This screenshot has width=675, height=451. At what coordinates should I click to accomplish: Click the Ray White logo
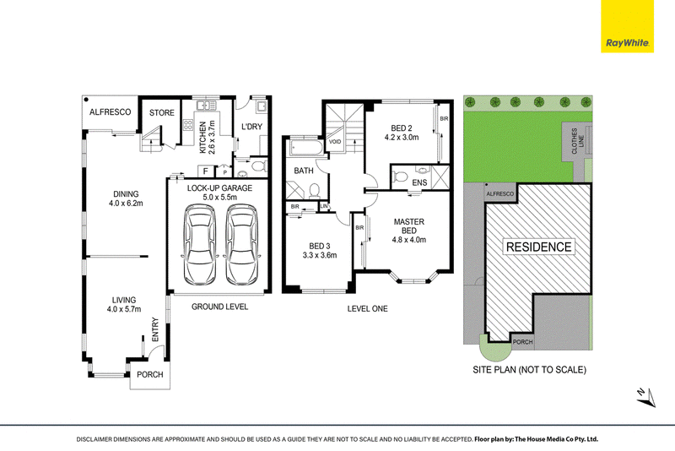(x=627, y=26)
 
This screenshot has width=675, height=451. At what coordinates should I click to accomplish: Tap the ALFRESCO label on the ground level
(x=111, y=112)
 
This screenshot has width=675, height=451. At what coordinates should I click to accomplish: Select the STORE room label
(x=162, y=113)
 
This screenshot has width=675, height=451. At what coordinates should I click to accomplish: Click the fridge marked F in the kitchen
(x=206, y=171)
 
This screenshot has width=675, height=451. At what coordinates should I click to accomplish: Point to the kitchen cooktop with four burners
(x=188, y=125)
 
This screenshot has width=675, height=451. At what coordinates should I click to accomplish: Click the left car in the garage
(x=200, y=244)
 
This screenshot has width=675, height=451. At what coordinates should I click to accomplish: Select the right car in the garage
(x=242, y=244)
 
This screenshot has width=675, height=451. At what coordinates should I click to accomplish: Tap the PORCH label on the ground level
(x=150, y=375)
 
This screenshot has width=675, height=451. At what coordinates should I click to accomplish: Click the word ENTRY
(x=155, y=329)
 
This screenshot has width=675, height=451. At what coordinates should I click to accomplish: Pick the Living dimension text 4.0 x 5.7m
(x=124, y=309)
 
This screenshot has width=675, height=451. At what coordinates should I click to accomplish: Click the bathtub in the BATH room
(x=305, y=148)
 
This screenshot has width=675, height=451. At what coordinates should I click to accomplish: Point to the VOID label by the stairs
(x=335, y=142)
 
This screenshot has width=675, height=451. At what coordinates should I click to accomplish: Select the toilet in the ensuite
(x=400, y=177)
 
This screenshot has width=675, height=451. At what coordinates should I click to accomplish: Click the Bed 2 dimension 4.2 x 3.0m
(x=402, y=138)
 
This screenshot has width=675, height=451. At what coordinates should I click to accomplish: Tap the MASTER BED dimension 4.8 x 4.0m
(x=409, y=240)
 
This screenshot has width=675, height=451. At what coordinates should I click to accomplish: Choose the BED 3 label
(x=320, y=246)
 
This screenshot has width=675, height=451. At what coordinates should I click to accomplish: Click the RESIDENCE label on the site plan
(x=538, y=247)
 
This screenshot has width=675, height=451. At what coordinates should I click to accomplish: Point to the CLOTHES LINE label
(x=578, y=141)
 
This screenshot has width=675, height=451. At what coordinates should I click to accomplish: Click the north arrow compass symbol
(x=646, y=397)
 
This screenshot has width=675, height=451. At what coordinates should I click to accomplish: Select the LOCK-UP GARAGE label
(x=219, y=188)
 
